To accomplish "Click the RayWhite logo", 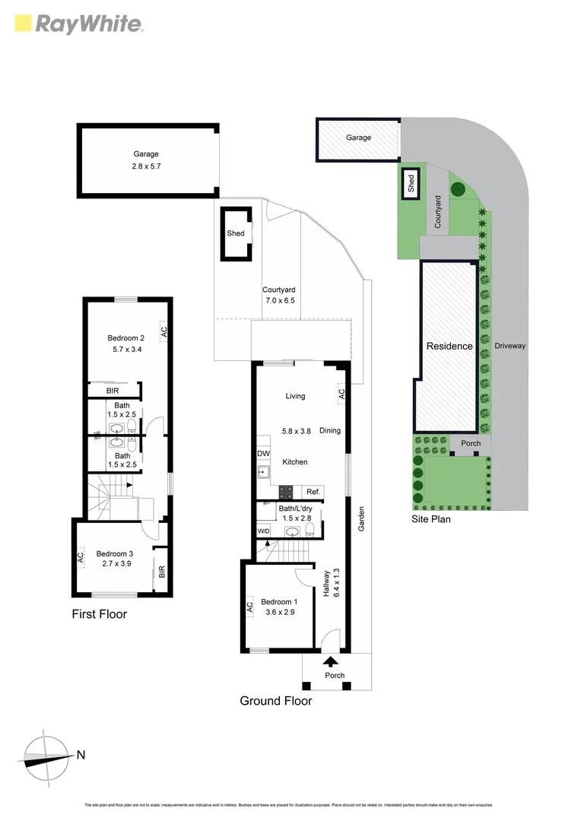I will point(78,24).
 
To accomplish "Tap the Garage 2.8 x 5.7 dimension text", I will point(146,166).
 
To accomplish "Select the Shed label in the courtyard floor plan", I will point(236,233).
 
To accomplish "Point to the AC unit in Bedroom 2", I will point(164,331).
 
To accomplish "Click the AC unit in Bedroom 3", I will point(80,557).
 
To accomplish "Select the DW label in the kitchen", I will point(262,454).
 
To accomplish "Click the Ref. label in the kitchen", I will point(313,493).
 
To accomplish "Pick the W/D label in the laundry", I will point(264,531).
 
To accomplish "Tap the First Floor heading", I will point(99,614).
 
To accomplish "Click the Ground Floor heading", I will point(275,701).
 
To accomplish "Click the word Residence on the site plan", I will point(449,346).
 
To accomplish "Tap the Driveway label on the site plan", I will point(510,346).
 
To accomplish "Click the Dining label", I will point(330,430).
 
